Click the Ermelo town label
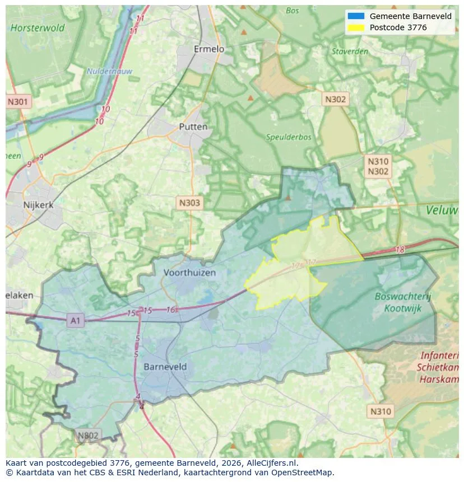coord(208,49)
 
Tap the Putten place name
coord(193,127)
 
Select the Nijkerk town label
coord(38,205)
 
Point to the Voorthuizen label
coord(189,273)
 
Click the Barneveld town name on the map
coord(165,367)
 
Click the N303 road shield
coord(189,203)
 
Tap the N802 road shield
coord(88,436)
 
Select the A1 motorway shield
coord(75,320)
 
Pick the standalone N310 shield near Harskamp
coord(381,411)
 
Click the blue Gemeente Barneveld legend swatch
coord(356,16)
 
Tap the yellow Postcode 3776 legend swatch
coord(356,27)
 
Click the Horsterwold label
coord(38,27)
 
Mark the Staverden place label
coord(350,52)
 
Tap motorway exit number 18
coord(399,250)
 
